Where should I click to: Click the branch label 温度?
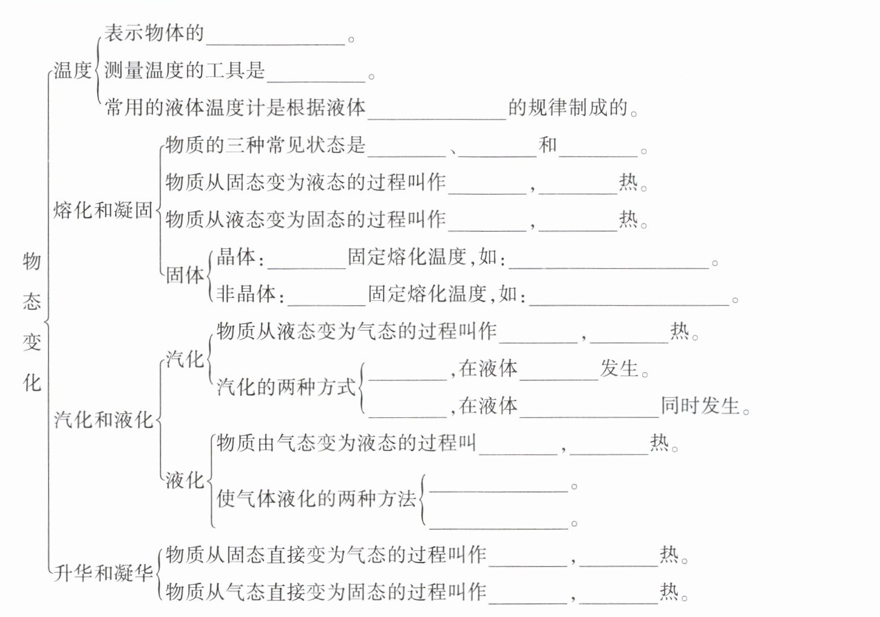[x=72, y=70]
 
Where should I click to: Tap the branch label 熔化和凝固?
[x=103, y=210]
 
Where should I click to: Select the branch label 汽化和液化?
[x=103, y=419]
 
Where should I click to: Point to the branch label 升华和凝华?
[x=103, y=573]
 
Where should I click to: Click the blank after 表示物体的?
[x=276, y=38]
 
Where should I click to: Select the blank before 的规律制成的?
[x=437, y=112]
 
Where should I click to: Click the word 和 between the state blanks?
[x=548, y=145]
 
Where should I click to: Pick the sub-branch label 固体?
[x=185, y=275]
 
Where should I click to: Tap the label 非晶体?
[x=246, y=294]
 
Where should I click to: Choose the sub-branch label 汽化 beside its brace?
[x=185, y=359]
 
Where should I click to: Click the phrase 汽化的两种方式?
[x=286, y=387]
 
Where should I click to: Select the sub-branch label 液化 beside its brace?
[x=185, y=480]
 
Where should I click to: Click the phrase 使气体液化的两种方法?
[x=316, y=499]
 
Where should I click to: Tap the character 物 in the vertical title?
[x=32, y=261]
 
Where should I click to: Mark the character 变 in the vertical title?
[x=32, y=342]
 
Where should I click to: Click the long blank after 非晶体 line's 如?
[x=629, y=297]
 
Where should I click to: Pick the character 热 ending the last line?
[x=669, y=592]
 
